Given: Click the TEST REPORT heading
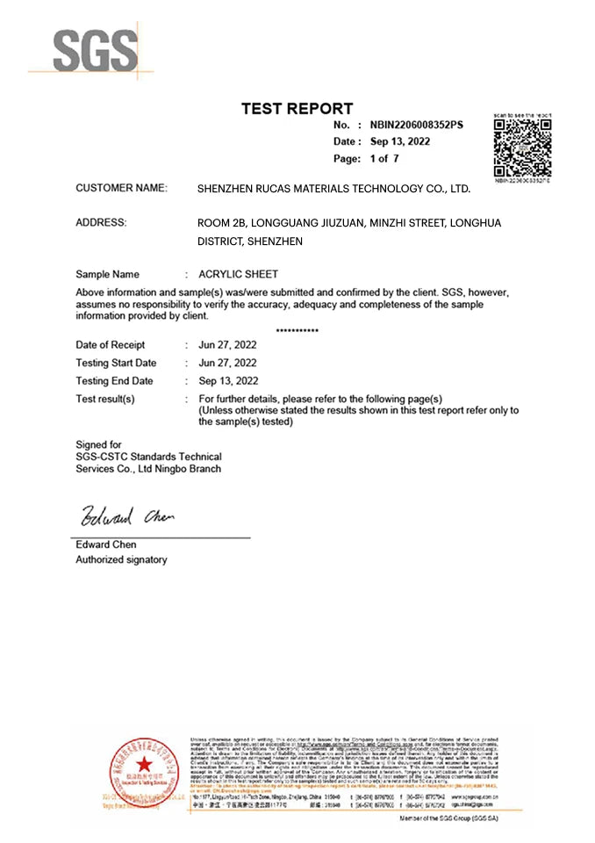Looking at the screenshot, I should [x=297, y=109].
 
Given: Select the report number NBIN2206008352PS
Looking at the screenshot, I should [x=417, y=126].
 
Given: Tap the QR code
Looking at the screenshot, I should [x=522, y=148].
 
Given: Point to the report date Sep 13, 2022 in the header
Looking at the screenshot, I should [x=399, y=141].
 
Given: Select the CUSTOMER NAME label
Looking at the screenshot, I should [x=121, y=188].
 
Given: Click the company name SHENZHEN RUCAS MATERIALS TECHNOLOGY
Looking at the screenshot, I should [x=334, y=189].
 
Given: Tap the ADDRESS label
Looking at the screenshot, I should [x=101, y=223].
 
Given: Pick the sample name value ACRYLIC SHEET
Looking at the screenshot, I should [x=239, y=274].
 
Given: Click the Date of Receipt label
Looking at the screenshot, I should [x=111, y=345].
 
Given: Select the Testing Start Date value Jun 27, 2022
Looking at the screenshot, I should [x=228, y=363].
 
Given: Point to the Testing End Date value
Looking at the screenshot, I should [x=228, y=381].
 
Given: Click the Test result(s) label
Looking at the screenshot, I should [x=105, y=399].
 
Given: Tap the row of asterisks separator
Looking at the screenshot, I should [x=297, y=330].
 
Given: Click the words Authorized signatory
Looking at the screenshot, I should [x=121, y=559].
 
